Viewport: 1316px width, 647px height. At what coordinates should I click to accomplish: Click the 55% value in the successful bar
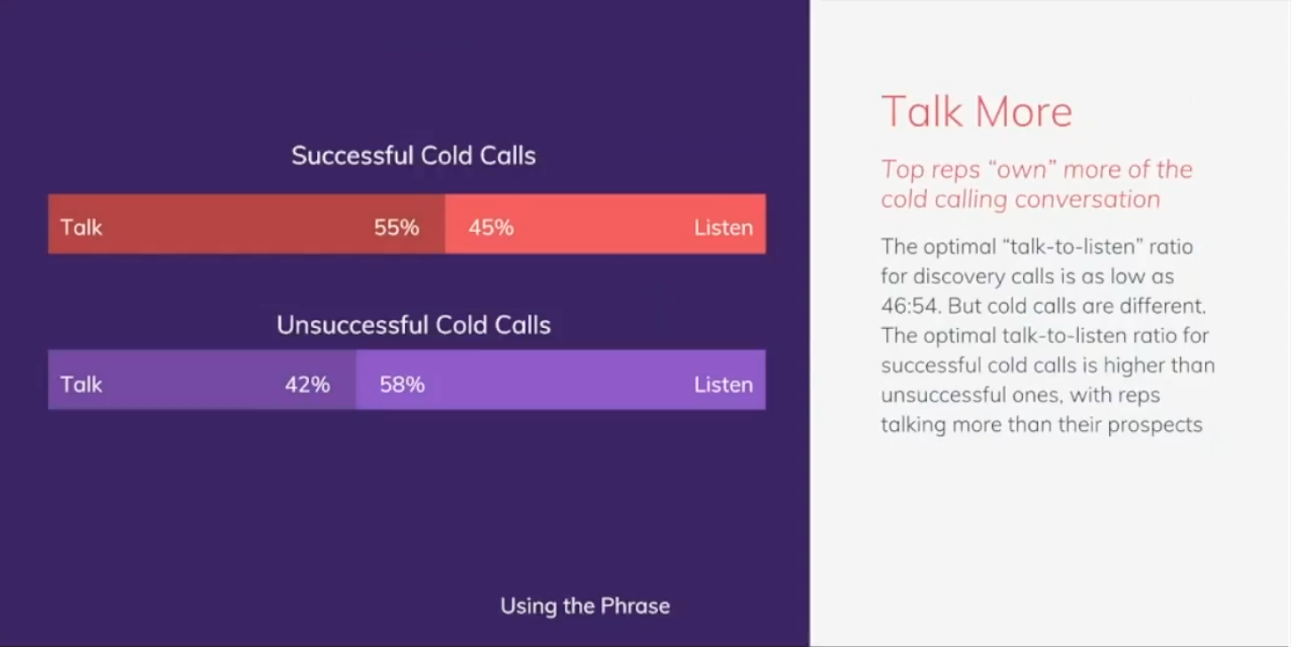coord(397,228)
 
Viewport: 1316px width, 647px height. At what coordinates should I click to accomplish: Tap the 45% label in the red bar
coord(491,228)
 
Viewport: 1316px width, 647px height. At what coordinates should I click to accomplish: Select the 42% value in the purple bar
coord(307,385)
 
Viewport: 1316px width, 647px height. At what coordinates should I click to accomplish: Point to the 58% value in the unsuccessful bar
coord(402,385)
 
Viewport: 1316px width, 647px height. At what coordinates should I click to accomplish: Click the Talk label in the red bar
coord(82,228)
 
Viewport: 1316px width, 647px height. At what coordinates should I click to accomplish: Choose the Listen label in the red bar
coord(723,228)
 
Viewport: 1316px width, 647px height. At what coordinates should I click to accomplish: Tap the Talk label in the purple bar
coord(82,385)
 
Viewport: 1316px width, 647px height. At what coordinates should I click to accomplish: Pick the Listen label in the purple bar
coord(723,385)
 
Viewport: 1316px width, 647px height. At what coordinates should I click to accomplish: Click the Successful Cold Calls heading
coord(414,156)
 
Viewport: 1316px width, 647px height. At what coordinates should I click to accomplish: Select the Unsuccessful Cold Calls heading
coord(414,324)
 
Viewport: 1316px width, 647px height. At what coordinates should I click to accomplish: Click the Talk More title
coord(977,111)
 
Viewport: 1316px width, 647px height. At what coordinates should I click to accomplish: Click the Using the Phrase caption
coord(585,606)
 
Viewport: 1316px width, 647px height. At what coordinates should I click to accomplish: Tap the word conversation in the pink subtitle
coord(1088,199)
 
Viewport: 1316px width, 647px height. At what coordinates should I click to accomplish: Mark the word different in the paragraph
coord(1162,306)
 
